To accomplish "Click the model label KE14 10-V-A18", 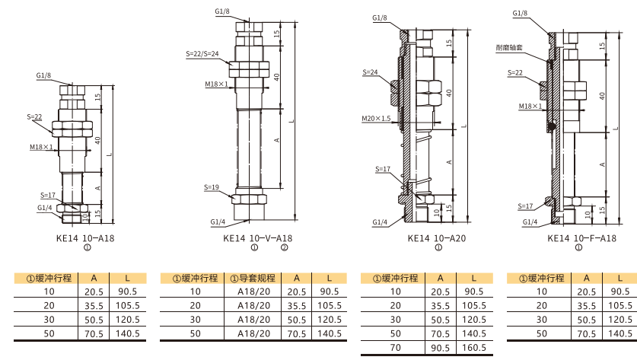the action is (257, 238).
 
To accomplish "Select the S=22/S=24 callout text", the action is (202, 53).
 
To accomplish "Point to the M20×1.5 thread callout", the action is (376, 119).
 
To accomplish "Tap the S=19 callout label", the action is (212, 187).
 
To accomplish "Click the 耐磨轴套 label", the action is (509, 47).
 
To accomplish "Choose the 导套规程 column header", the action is (253, 279).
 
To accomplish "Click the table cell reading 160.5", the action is (474, 348).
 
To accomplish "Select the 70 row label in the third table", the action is (395, 348).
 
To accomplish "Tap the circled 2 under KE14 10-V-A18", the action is (285, 247).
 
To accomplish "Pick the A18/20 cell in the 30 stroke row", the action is (254, 320).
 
